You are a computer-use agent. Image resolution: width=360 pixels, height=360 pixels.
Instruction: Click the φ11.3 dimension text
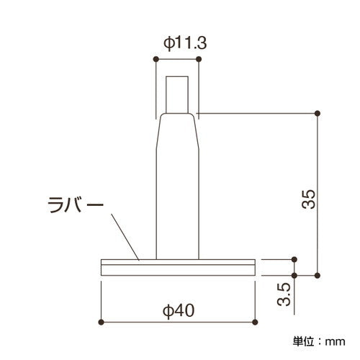pos(185,43)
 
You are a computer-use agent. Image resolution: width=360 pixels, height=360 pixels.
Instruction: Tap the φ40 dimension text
pos(179,311)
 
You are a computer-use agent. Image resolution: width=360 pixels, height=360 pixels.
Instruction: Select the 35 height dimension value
pos(308,199)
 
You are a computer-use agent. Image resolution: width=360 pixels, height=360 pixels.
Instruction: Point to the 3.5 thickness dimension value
pos(284,294)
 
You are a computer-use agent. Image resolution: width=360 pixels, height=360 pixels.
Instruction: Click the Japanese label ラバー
pos(76,204)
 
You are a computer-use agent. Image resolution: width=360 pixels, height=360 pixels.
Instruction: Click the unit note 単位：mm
pos(319,341)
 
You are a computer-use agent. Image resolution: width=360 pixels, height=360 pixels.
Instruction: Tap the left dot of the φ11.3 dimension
pos(156,59)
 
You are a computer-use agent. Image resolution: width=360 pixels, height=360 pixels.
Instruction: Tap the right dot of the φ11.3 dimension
pos(199,59)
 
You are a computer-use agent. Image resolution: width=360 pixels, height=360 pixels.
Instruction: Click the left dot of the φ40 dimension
pos(102,322)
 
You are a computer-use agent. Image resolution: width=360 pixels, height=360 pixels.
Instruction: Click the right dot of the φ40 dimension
pos(255,322)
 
